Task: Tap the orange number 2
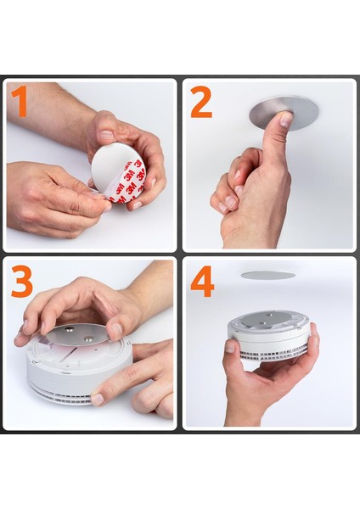(200, 103)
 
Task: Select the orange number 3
(22, 281)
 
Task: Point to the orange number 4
(202, 281)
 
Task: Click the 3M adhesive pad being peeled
(119, 175)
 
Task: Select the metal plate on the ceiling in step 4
(267, 275)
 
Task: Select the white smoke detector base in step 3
(68, 378)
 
